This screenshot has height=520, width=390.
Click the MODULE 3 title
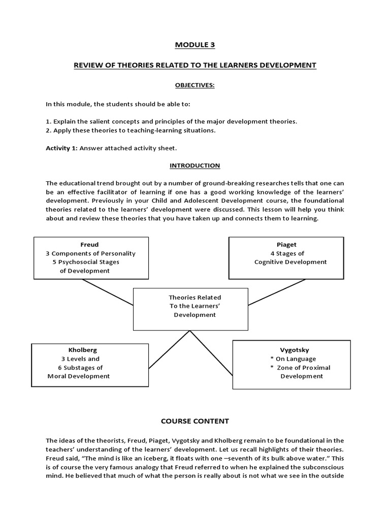pos(195,45)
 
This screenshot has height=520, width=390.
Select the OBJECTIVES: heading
pos(195,85)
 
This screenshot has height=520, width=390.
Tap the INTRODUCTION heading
pos(195,166)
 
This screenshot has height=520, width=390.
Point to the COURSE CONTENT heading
pos(195,421)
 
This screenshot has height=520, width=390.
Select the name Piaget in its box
pos(291,244)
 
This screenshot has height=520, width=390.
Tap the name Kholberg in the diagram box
pos(82,350)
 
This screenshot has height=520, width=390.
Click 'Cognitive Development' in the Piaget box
pos(290,262)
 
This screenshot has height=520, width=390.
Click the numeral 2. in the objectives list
pos(48,131)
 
